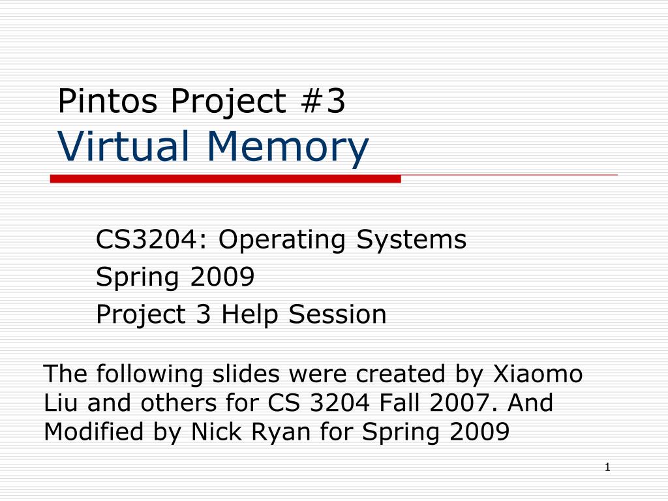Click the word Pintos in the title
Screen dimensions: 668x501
click(108, 100)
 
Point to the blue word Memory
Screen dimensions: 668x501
click(288, 147)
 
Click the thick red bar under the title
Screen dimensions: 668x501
click(225, 179)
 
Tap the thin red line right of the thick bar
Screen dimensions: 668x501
click(509, 175)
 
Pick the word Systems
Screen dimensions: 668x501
click(412, 240)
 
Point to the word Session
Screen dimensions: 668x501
click(337, 314)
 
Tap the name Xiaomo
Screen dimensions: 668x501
click(538, 374)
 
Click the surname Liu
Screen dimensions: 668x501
click(61, 402)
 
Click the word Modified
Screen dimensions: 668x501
click(93, 431)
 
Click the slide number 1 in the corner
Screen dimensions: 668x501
click(607, 467)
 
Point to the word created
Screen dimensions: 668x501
click(400, 374)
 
